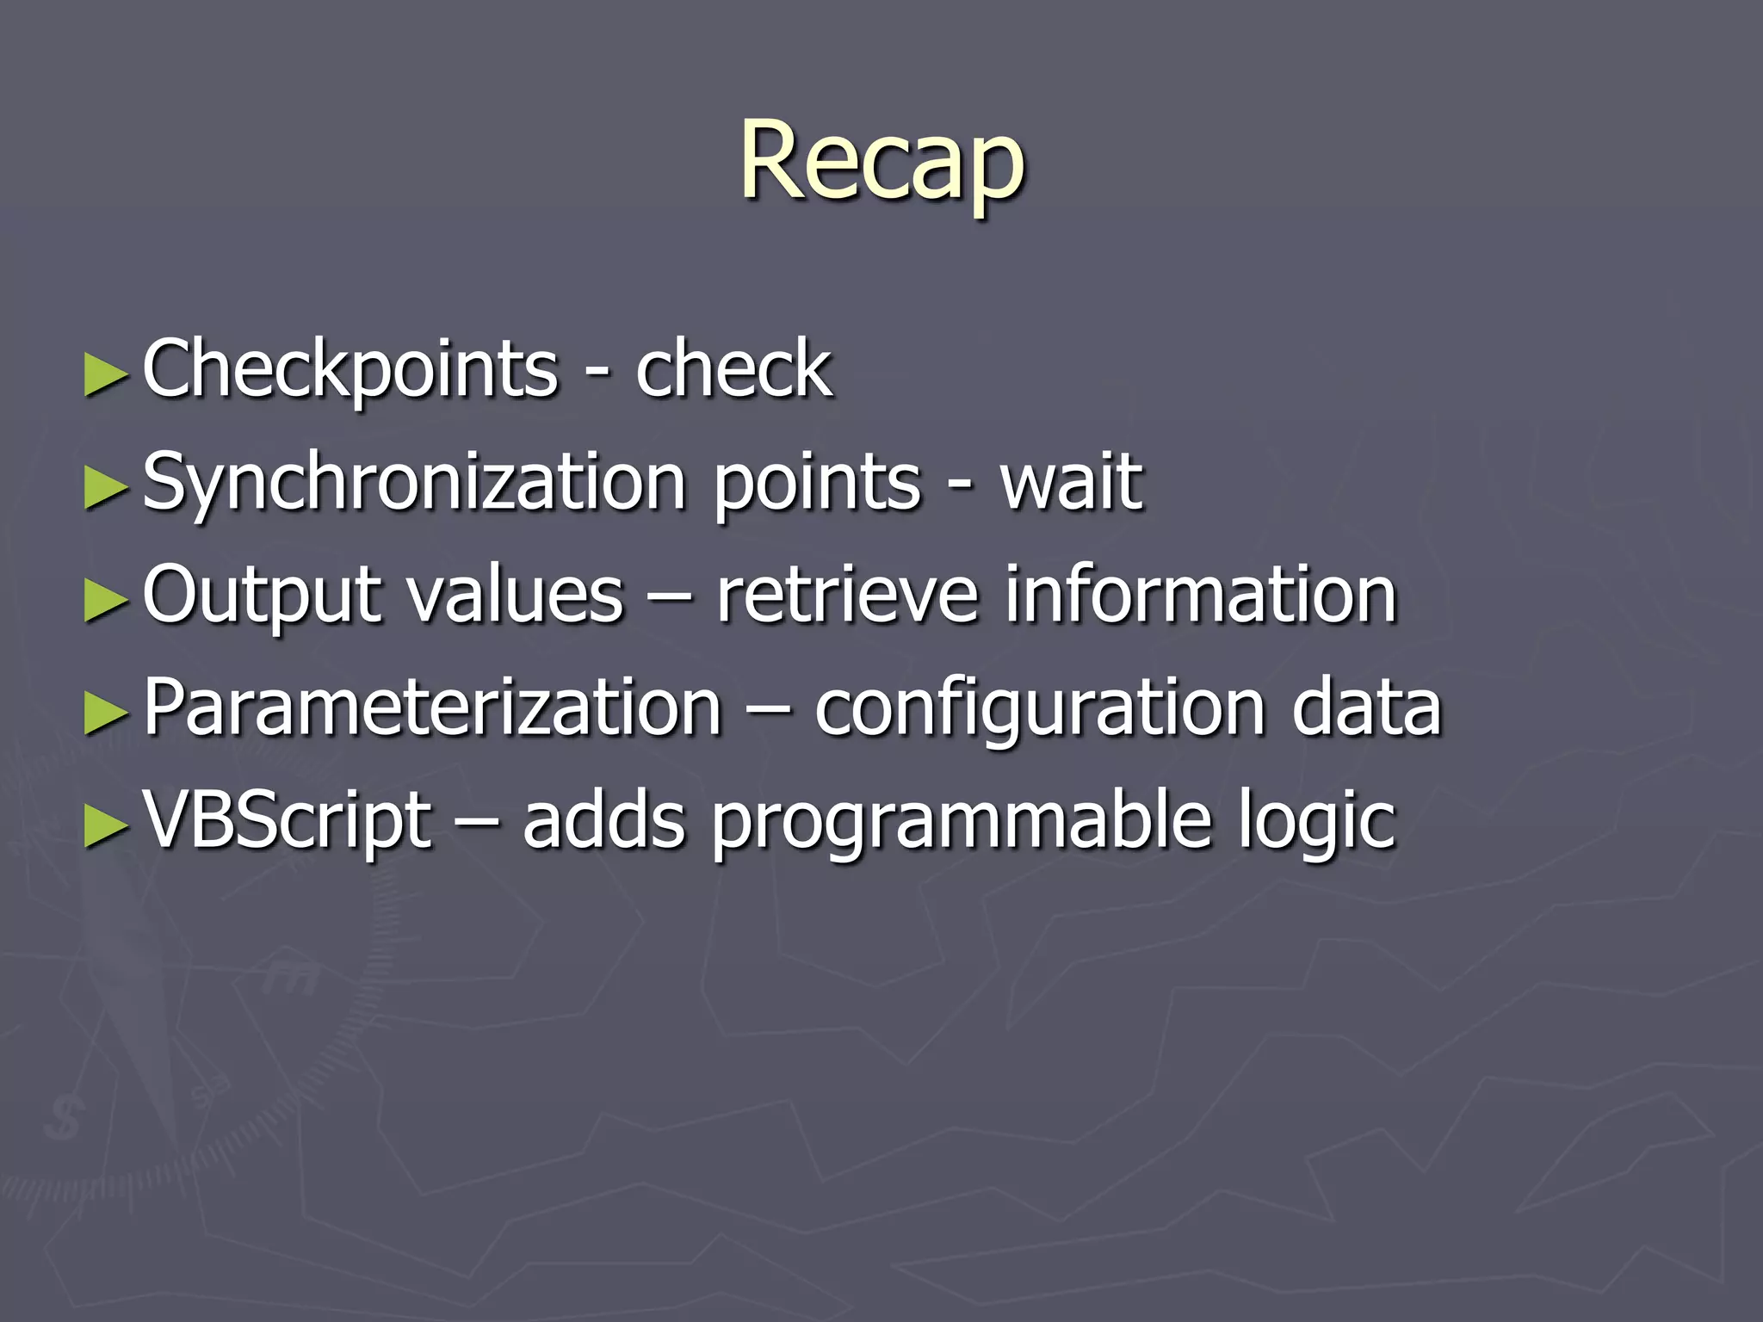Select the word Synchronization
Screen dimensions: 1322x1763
414,482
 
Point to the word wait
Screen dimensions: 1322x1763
1071,482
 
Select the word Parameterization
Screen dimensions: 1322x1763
431,707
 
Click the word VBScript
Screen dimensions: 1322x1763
288,820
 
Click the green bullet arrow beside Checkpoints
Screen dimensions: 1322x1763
105,375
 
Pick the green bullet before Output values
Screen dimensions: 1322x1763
105,601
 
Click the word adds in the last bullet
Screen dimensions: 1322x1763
604,820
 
